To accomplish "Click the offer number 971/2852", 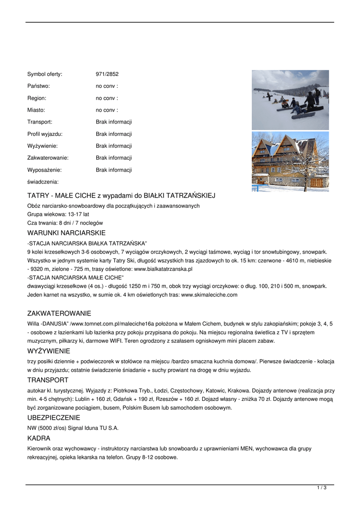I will tap(107, 74).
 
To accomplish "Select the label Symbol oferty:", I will tap(45, 74).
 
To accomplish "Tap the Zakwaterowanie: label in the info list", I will tap(48, 158).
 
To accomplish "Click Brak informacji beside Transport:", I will tap(114, 122).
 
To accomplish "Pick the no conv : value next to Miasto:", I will tap(107, 110).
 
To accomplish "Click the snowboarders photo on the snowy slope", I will tap(290, 100).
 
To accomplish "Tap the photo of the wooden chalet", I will tap(290, 161).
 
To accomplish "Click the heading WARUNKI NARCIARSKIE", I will tap(66, 233).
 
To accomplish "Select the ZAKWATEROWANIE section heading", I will tap(59, 314).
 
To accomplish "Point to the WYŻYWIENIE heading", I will tap(49, 351).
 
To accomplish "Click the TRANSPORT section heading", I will tap(48, 380).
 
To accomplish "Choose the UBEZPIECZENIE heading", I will tap(54, 418).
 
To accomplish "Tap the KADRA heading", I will tap(39, 438).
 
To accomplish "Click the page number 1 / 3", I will tap(322, 488).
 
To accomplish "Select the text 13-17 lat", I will tap(78, 214).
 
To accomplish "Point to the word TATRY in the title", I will tap(38, 195).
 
